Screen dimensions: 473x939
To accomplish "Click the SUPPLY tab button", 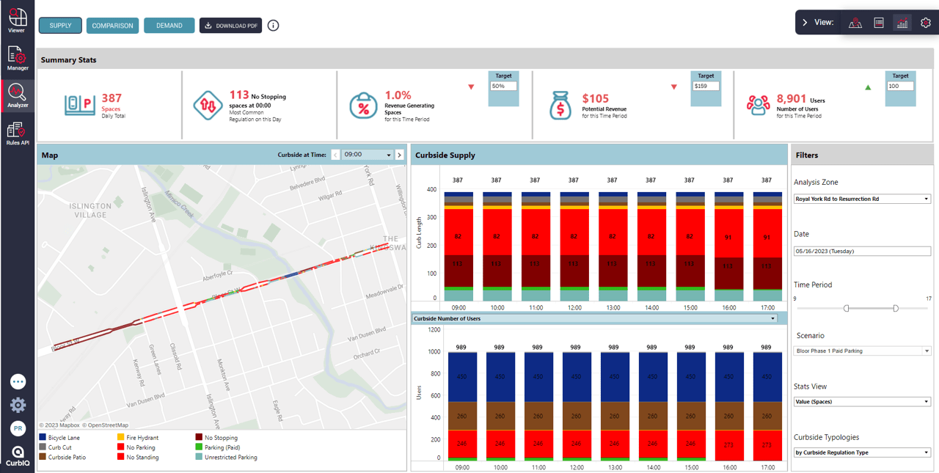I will pyautogui.click(x=60, y=26).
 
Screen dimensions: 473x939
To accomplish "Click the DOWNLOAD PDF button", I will pyautogui.click(x=230, y=26).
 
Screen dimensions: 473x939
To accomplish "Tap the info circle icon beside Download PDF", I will pyautogui.click(x=274, y=26).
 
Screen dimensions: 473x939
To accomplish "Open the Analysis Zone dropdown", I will pyautogui.click(x=862, y=199).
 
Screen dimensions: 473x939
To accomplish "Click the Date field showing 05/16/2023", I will pyautogui.click(x=862, y=251).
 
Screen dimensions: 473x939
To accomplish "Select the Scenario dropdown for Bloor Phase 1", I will pyautogui.click(x=862, y=351).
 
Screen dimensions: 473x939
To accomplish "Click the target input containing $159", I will pyautogui.click(x=705, y=86).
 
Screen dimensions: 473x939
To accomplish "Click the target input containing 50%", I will pyautogui.click(x=503, y=86).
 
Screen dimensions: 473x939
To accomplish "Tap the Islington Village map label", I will pyautogui.click(x=90, y=210).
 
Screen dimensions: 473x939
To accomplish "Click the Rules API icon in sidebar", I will pyautogui.click(x=16, y=133).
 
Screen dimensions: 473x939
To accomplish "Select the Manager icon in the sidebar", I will pyautogui.click(x=17, y=58).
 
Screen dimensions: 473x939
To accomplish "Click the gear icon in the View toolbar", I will pyautogui.click(x=925, y=23).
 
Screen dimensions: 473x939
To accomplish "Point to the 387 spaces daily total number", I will pyautogui.click(x=112, y=98).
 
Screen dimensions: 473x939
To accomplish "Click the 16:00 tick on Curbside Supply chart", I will pyautogui.click(x=728, y=308).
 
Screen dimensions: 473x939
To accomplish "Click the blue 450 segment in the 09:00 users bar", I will pyautogui.click(x=461, y=377).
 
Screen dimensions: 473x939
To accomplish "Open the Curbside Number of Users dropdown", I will pyautogui.click(x=595, y=319).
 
